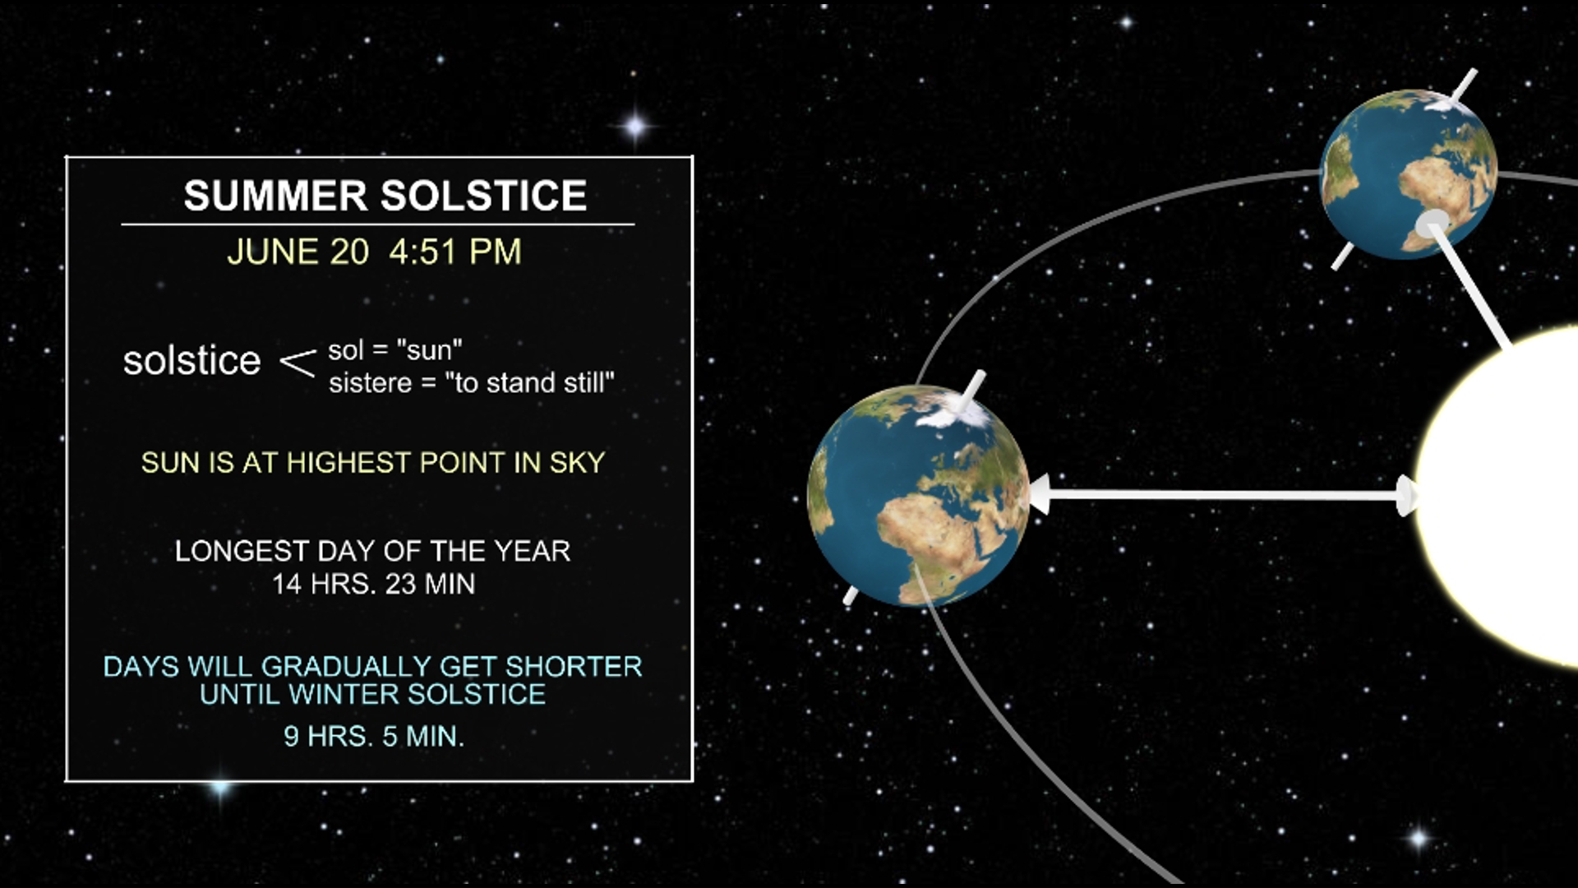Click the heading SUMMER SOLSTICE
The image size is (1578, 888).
(385, 196)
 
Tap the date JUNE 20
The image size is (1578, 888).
(298, 252)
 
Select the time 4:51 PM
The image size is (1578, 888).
(455, 252)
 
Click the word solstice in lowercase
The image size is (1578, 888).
(191, 361)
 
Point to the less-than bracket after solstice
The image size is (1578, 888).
(298, 363)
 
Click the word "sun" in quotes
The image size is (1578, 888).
(429, 350)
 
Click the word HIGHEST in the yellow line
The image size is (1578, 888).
(349, 463)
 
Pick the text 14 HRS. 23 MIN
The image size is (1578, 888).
(373, 585)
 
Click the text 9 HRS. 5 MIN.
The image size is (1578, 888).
(373, 736)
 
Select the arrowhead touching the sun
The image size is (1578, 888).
(1407, 496)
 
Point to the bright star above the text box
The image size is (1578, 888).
(634, 127)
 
